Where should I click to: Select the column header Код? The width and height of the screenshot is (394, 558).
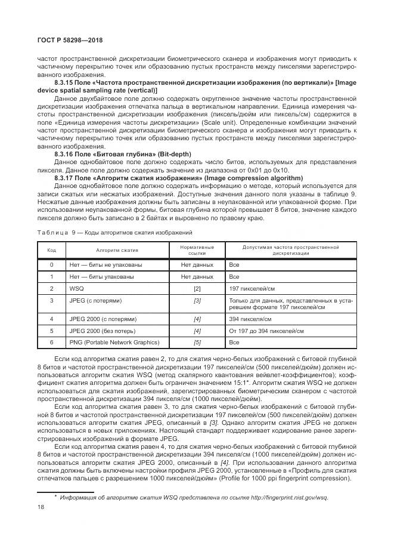(52, 250)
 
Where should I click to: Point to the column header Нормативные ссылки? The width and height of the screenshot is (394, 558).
(197, 250)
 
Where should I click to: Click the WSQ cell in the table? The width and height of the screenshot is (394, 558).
(76, 288)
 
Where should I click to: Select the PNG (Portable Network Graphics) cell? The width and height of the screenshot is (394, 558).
(114, 343)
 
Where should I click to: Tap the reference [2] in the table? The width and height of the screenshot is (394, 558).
(197, 288)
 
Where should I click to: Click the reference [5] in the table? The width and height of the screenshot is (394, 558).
(197, 343)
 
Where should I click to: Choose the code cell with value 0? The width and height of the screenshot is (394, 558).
(52, 264)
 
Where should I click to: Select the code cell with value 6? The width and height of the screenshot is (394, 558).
(52, 343)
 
